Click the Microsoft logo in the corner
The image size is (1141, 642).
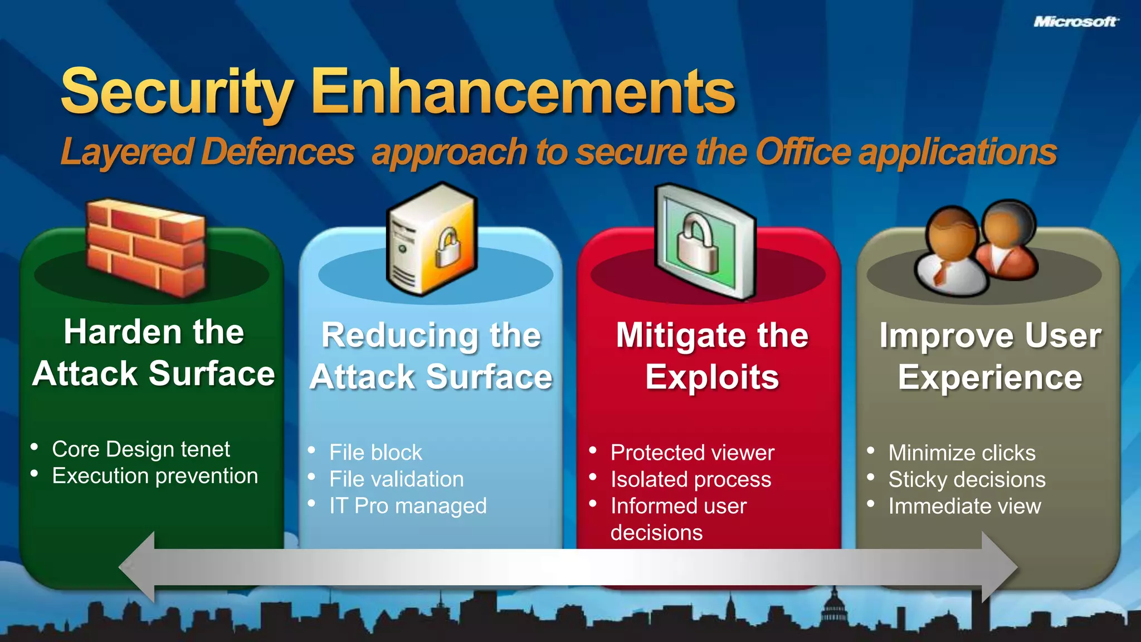click(x=1075, y=22)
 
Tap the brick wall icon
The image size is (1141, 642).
click(x=146, y=247)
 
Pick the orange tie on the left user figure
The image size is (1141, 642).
click(x=942, y=273)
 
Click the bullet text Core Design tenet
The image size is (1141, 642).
click(x=140, y=449)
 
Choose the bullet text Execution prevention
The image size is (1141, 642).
click(x=155, y=476)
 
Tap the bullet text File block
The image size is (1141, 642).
click(x=376, y=453)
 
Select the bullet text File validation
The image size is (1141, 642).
click(x=396, y=479)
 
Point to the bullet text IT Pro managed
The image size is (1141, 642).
click(x=408, y=506)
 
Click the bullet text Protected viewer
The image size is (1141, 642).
click(x=692, y=453)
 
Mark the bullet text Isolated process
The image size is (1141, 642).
click(x=691, y=479)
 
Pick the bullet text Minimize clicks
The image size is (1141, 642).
click(x=962, y=453)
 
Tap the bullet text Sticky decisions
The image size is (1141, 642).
click(x=967, y=479)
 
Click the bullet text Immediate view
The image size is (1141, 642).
click(x=964, y=506)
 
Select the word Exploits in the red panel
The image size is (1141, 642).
click(x=712, y=377)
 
